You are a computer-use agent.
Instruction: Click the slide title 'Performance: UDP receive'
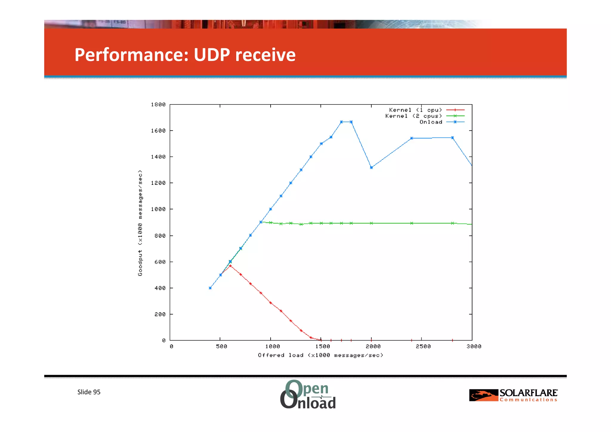point(185,55)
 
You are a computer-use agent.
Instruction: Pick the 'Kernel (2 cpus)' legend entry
point(413,116)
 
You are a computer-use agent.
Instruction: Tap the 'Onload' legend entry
point(431,122)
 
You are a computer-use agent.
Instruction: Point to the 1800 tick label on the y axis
point(158,104)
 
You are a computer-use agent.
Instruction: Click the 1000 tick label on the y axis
point(158,209)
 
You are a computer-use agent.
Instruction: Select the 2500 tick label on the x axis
point(423,347)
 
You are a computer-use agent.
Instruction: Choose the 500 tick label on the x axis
point(221,347)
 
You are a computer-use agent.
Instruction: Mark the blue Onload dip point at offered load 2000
point(371,167)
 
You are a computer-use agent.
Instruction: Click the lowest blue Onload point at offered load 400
point(210,288)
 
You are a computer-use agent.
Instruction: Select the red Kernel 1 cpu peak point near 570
point(230,265)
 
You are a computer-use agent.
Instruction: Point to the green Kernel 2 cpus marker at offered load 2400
point(411,223)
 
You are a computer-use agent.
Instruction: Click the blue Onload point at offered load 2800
point(452,138)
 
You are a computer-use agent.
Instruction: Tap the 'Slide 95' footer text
point(89,392)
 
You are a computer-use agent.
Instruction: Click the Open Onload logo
point(308,394)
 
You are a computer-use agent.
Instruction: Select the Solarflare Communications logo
point(513,395)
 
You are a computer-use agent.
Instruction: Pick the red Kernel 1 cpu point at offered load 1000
point(271,303)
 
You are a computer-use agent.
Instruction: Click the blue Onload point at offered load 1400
point(311,157)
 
